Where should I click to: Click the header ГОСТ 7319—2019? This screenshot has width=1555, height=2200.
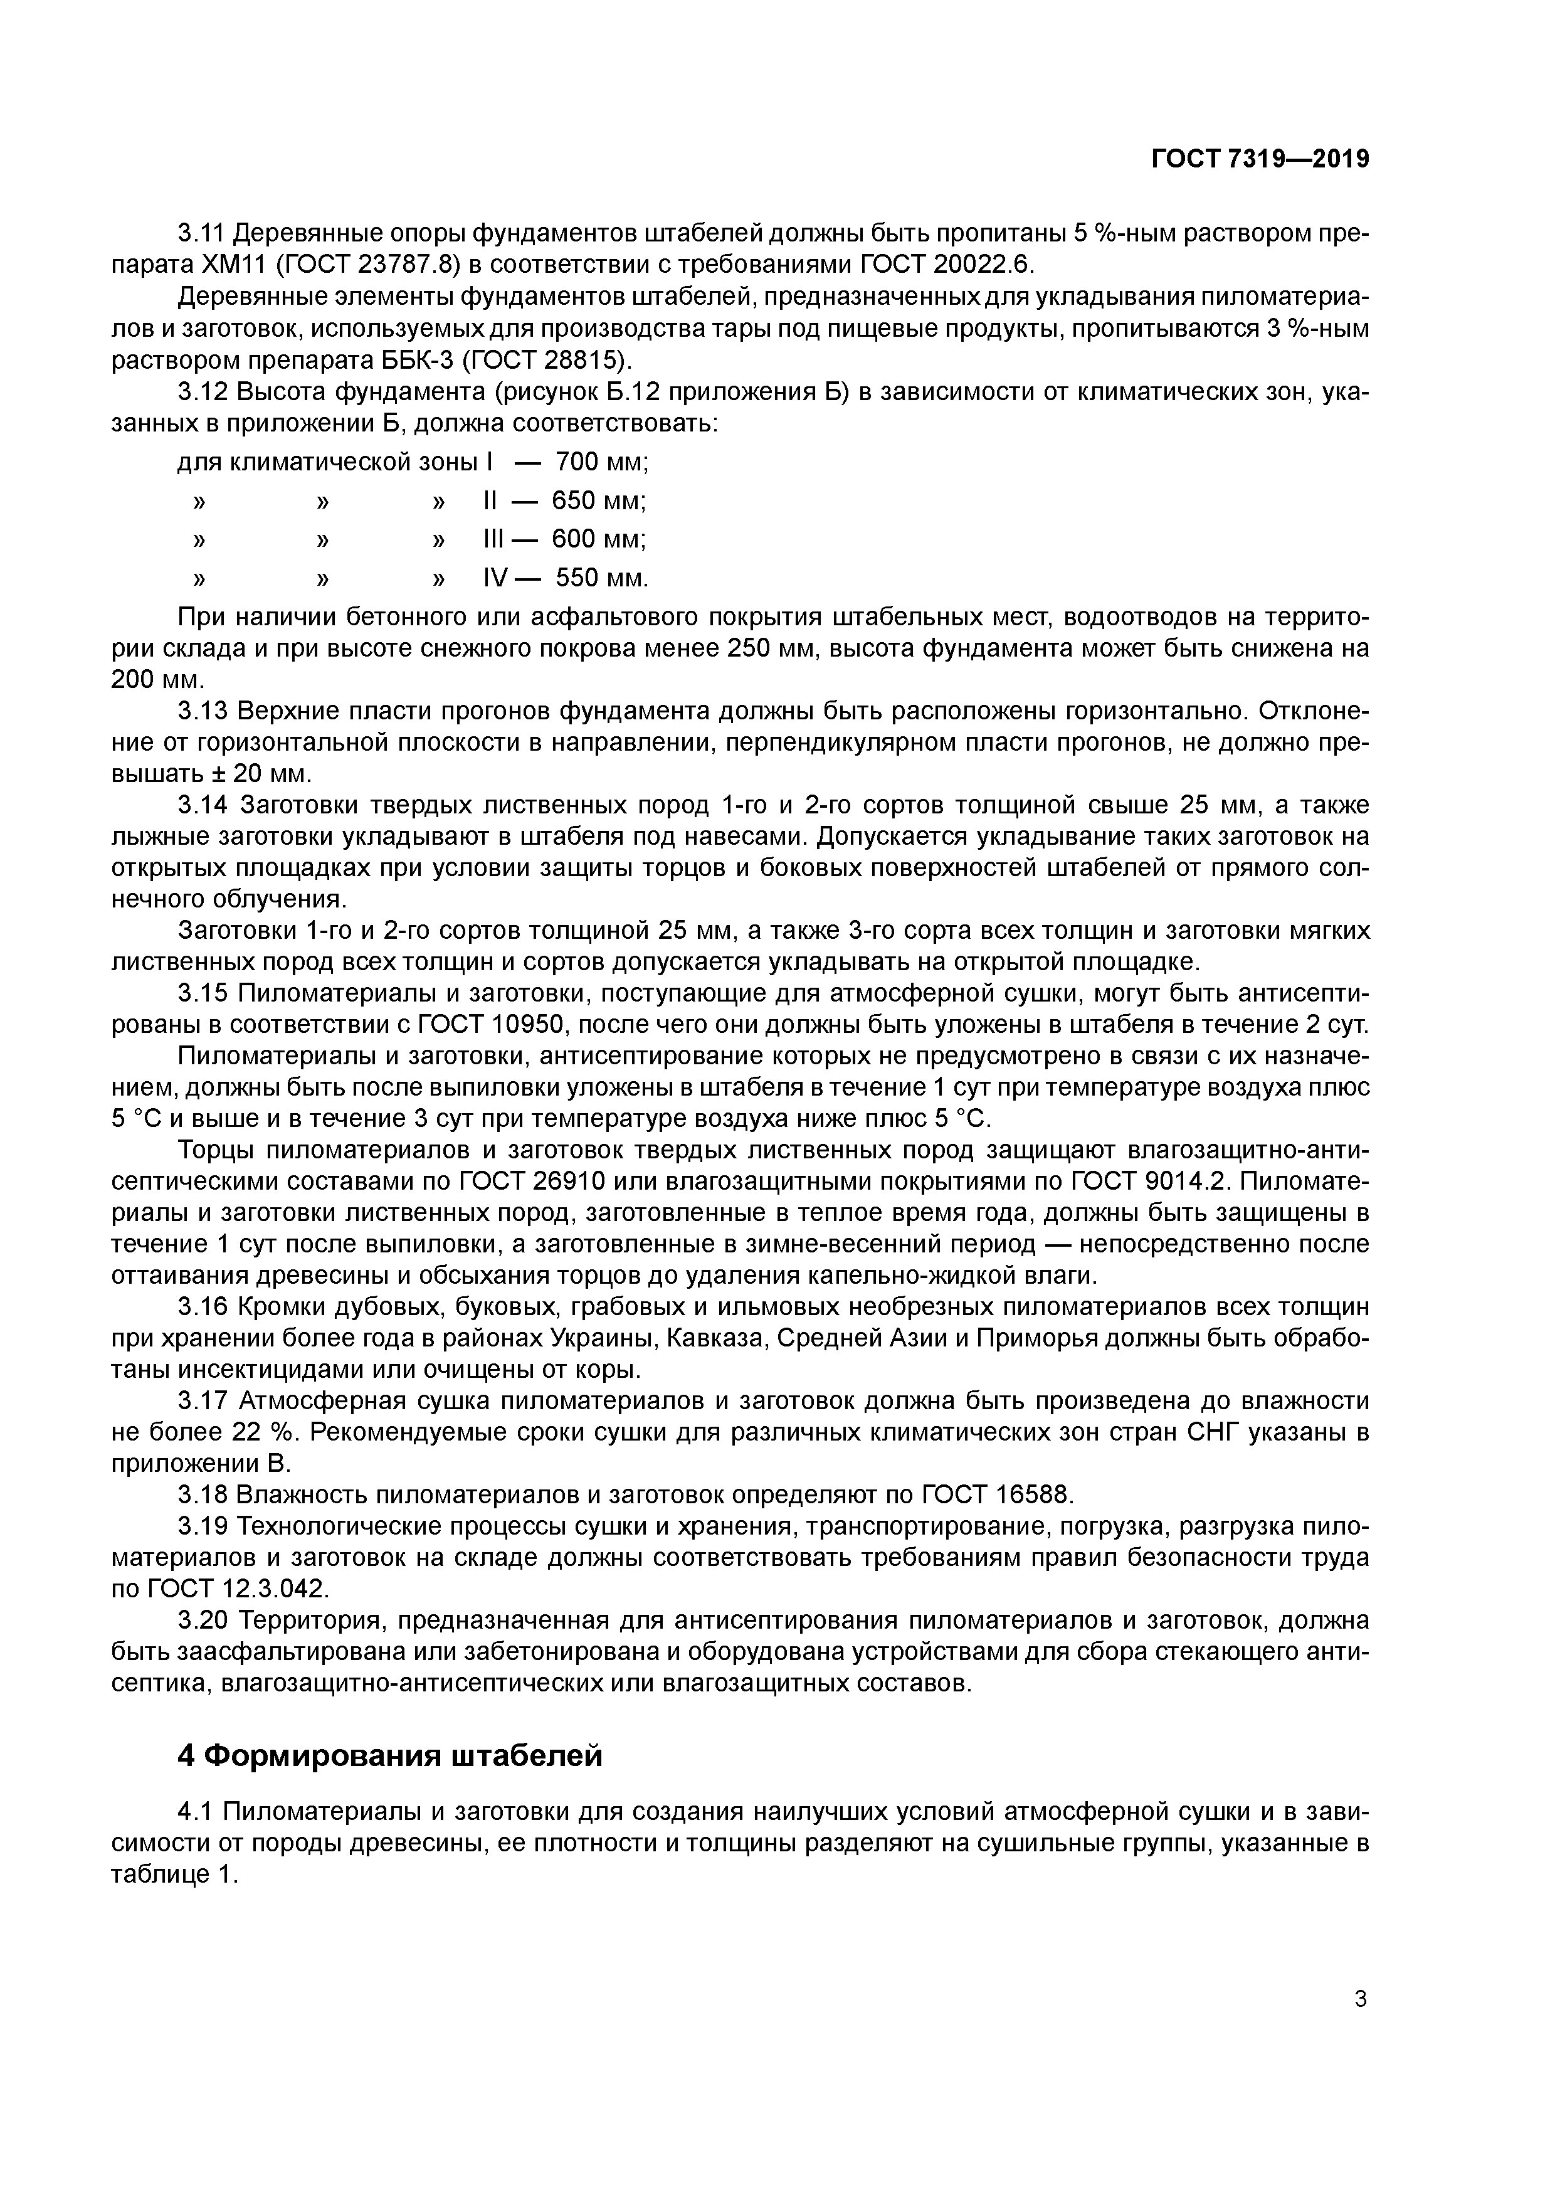point(1260,159)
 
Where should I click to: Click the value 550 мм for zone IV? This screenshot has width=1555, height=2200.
point(601,578)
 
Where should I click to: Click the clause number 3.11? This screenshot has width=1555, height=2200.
point(201,234)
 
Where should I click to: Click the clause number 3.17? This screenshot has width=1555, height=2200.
point(202,1401)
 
